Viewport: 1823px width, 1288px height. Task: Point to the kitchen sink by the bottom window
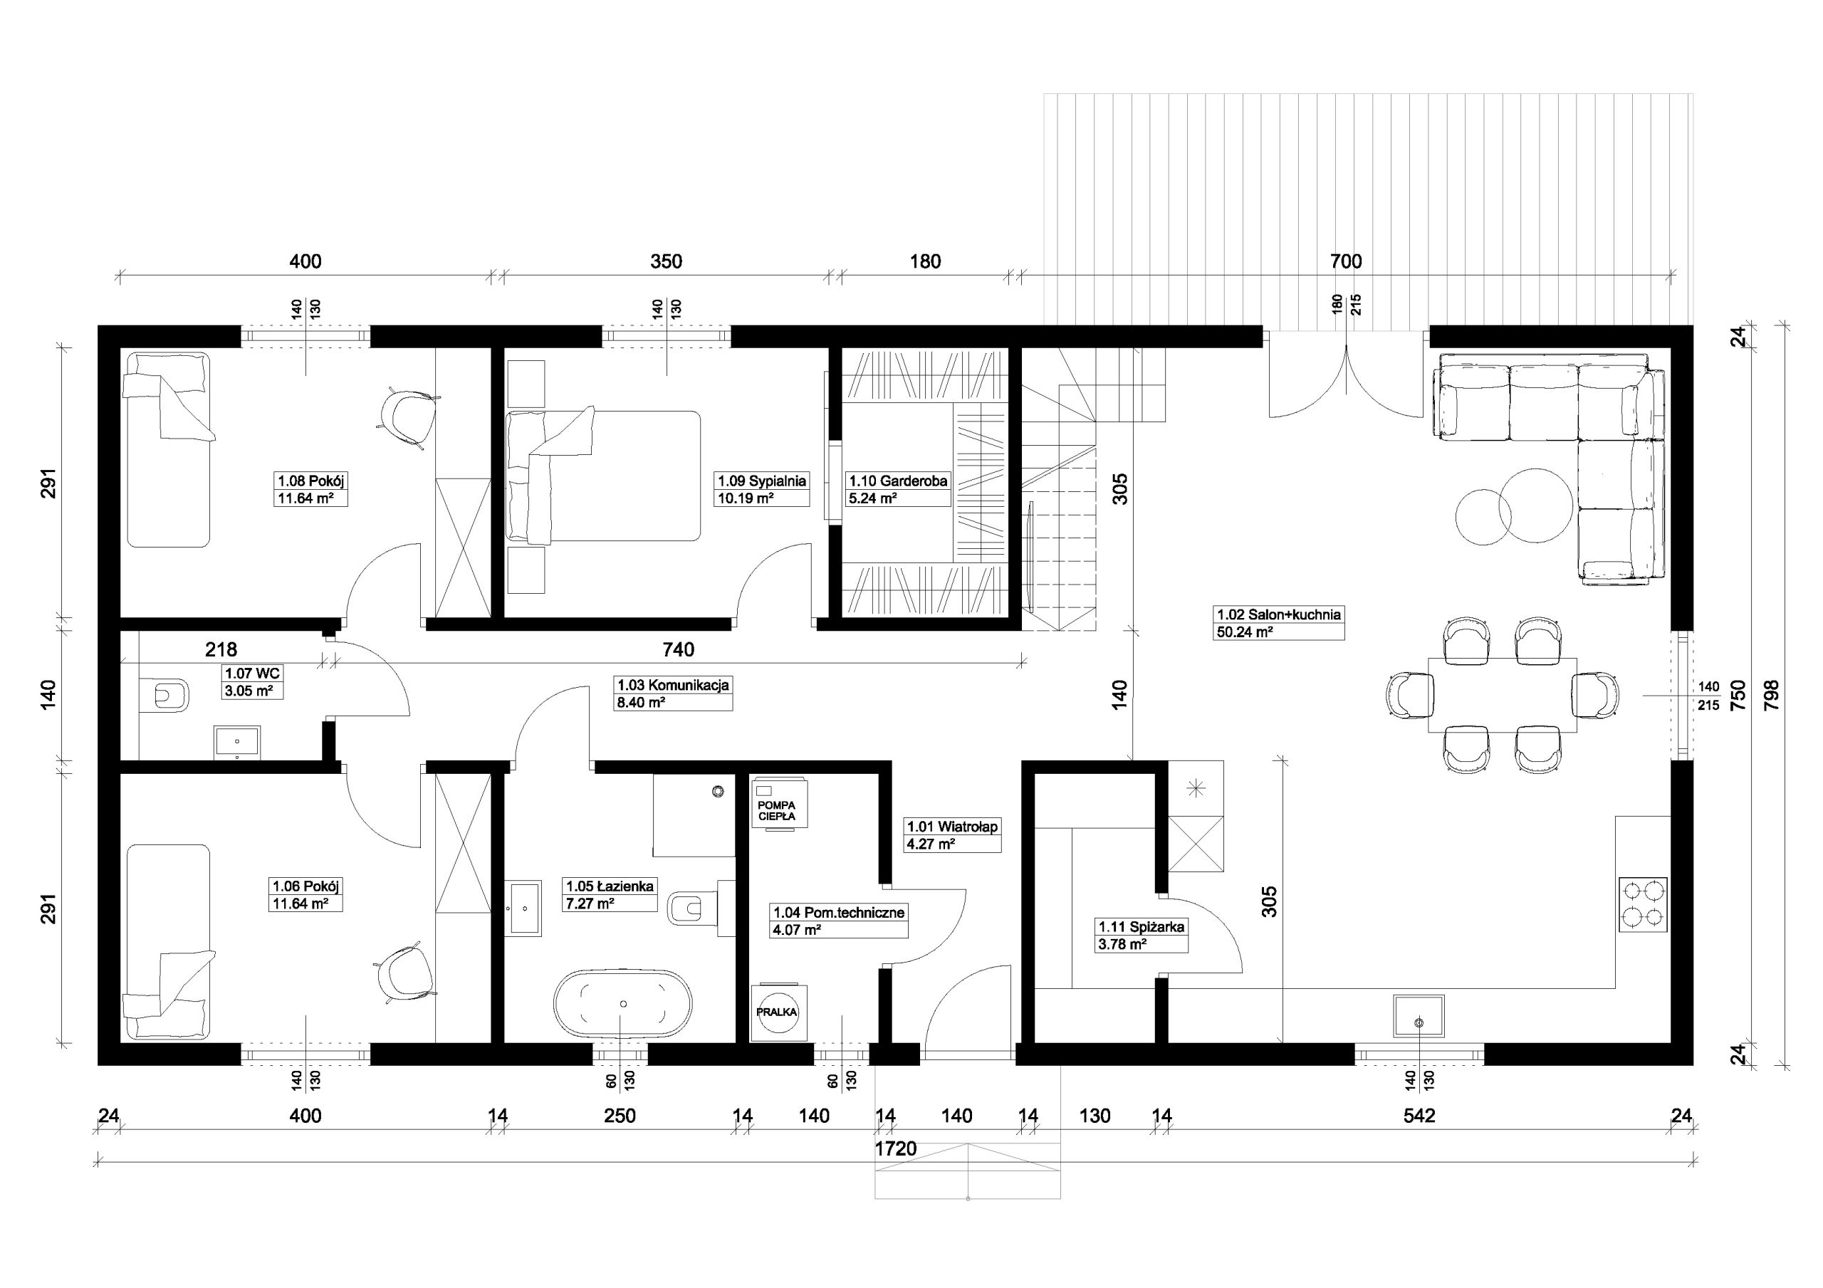1419,1015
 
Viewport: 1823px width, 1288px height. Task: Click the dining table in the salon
1503,696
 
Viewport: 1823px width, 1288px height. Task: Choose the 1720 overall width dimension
896,1149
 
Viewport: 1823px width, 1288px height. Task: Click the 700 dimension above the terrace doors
1346,261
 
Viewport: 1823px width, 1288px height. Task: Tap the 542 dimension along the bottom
1420,1116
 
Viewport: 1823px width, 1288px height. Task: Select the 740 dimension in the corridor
678,649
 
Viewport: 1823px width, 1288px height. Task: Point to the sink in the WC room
237,743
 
